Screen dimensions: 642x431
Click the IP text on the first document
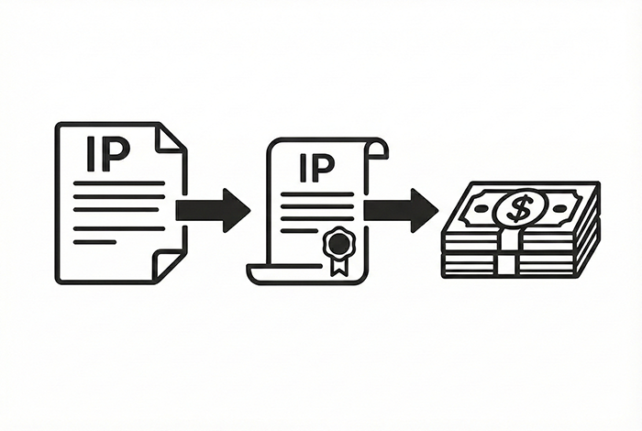tap(108, 154)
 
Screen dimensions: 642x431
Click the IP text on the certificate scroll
tap(317, 168)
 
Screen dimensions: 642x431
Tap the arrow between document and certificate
tap(213, 210)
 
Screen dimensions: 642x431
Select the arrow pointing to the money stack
tap(402, 210)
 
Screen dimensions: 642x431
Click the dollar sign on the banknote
tap(515, 208)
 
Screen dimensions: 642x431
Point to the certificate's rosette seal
tap(338, 244)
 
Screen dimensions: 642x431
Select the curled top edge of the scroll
tap(377, 149)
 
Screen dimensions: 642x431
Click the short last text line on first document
tap(94, 242)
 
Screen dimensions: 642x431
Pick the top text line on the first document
tap(118, 183)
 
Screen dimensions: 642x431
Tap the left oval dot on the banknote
tap(480, 208)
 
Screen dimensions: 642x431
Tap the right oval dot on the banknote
tap(559, 208)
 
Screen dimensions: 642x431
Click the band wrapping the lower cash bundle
tap(508, 264)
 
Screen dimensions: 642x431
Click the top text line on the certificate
tap(317, 194)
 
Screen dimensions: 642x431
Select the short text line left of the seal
tap(299, 231)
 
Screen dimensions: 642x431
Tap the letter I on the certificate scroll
tap(303, 168)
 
